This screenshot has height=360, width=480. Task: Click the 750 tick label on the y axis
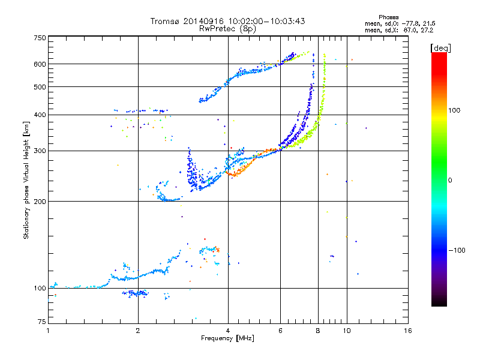point(40,38)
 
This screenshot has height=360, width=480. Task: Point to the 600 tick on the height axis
point(40,64)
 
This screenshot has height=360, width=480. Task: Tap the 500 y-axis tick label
point(40,87)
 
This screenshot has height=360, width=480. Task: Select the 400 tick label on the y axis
point(40,115)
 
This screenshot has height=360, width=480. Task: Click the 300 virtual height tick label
point(40,151)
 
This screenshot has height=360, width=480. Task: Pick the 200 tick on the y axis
point(40,201)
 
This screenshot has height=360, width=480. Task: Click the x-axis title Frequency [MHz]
point(227,339)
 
